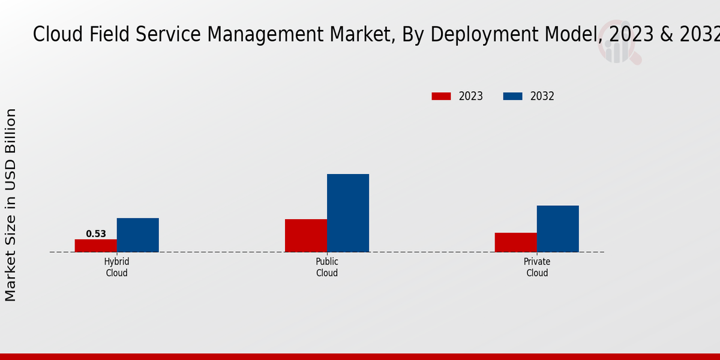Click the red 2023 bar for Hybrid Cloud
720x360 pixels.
96,245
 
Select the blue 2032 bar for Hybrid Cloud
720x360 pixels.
138,235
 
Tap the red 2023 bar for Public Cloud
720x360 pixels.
306,235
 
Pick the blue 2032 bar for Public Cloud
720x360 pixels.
348,213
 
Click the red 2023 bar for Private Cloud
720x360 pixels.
516,242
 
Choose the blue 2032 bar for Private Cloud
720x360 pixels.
558,229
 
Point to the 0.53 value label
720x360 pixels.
96,234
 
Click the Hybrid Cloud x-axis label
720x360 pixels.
117,268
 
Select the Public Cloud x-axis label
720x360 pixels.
327,268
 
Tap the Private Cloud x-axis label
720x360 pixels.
537,268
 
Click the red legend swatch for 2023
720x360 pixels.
441,96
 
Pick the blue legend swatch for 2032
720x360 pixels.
513,96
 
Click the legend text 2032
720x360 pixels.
542,96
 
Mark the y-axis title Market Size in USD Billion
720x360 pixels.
11,205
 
